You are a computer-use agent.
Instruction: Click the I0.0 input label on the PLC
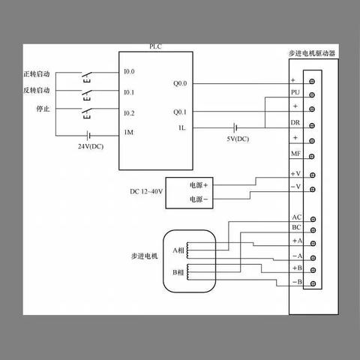click(x=129, y=71)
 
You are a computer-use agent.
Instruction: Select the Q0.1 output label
click(x=180, y=112)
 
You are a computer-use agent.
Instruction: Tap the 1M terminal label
click(x=129, y=132)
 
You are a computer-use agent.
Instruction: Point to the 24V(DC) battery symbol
click(x=88, y=136)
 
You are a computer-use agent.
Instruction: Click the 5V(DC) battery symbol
click(x=235, y=128)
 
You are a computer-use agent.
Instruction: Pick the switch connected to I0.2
click(x=87, y=113)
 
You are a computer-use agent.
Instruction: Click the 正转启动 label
click(x=37, y=74)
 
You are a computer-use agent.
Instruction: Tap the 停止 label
click(x=43, y=109)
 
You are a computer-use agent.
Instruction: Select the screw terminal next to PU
click(x=312, y=95)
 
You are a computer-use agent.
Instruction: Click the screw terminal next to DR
click(x=312, y=125)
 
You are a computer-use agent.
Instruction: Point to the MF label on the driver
click(x=295, y=154)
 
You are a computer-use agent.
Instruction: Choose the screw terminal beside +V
click(x=312, y=175)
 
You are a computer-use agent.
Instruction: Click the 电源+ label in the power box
click(x=199, y=185)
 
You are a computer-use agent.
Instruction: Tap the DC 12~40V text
click(x=146, y=191)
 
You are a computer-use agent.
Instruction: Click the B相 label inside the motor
click(x=178, y=272)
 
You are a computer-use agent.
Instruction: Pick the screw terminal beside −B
click(x=313, y=283)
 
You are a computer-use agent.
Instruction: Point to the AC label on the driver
click(x=297, y=217)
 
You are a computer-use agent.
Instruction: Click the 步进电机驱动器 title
click(x=312, y=53)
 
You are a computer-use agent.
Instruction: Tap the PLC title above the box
click(x=155, y=46)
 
